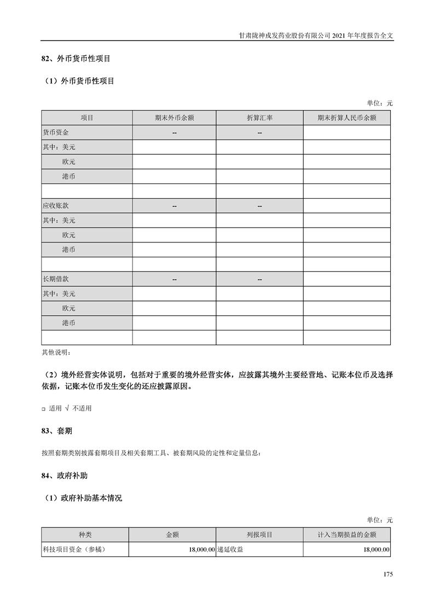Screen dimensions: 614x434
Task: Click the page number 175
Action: (388, 575)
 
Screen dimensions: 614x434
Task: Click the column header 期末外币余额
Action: (174, 118)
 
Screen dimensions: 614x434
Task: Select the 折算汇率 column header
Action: (259, 118)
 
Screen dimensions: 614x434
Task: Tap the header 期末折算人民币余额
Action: (346, 118)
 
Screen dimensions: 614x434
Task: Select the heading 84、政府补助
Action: (64, 476)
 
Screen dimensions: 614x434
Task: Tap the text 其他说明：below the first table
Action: (56, 352)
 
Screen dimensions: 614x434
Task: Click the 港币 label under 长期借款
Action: (68, 323)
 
